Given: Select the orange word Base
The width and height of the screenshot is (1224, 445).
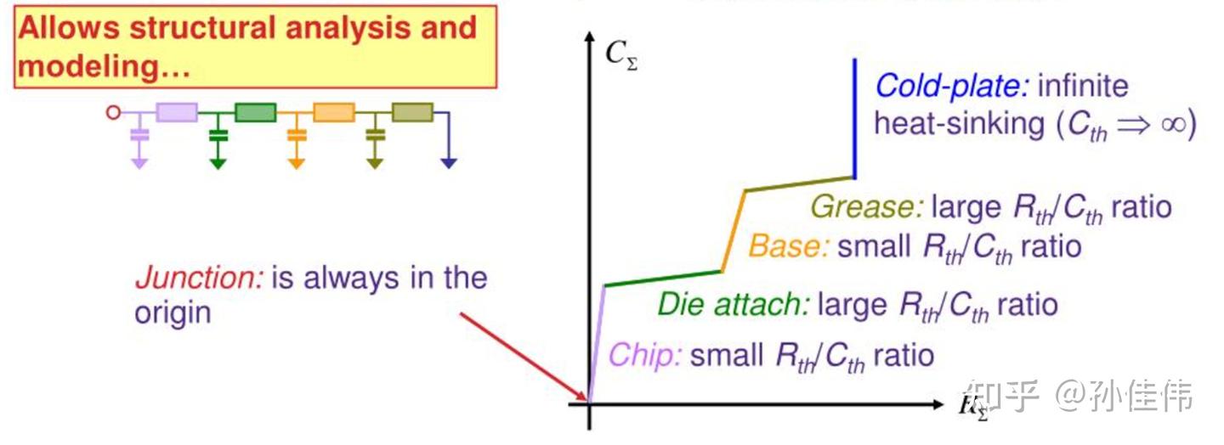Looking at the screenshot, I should [788, 246].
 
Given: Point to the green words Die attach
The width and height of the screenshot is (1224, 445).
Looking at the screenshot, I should [733, 304].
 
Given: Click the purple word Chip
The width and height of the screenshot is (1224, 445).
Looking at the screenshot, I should [645, 355].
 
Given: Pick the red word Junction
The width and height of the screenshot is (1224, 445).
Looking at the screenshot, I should [199, 279].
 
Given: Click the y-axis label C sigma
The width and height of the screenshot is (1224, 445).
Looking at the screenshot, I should [620, 54].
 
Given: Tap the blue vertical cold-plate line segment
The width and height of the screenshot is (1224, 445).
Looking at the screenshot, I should [853, 119].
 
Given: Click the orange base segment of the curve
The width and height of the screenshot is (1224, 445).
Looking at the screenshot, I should [734, 231].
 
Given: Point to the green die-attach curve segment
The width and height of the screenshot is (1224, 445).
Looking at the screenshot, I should [663, 279].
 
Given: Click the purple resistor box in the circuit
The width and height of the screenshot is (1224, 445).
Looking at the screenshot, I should [177, 112].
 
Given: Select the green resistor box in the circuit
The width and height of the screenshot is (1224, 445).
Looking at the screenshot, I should [255, 112].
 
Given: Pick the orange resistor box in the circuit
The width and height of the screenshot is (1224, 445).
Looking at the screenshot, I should [333, 112].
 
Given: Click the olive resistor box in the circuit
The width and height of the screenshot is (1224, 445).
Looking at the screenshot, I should [411, 112].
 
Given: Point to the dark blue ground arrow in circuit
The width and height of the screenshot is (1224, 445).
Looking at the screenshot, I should [448, 161].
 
